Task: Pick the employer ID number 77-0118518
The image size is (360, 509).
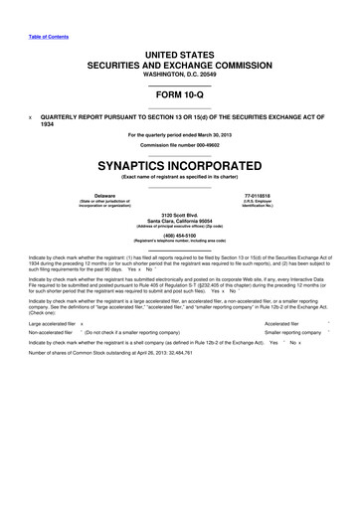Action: click(x=284, y=197)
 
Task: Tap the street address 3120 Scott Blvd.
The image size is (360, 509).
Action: click(x=179, y=215)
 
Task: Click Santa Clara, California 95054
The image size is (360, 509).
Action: click(x=179, y=222)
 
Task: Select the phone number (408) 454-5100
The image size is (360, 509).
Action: click(x=179, y=237)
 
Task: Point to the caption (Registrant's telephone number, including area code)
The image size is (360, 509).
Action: click(x=179, y=243)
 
